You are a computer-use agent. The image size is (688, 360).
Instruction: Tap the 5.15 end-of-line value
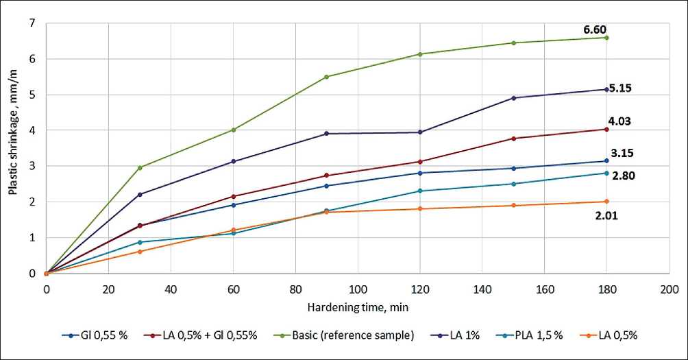619,88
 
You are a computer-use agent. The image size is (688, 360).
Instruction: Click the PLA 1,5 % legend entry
539,335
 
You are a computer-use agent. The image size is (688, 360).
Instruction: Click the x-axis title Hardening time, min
358,307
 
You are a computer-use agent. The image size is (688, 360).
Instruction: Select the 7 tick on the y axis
32,23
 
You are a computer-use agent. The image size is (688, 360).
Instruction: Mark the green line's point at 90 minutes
326,77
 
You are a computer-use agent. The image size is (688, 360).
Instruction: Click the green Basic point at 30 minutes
140,167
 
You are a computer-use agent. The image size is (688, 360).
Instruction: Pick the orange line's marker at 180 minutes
606,202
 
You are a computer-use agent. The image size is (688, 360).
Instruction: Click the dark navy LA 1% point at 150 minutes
513,98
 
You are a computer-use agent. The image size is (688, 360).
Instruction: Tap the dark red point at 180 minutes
606,129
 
